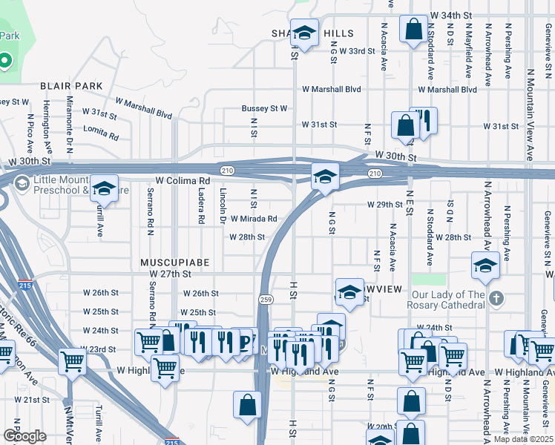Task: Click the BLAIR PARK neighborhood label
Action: click(x=71, y=86)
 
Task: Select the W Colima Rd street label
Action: click(x=183, y=180)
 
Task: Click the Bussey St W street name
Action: click(x=264, y=108)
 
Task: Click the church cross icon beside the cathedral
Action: click(x=496, y=298)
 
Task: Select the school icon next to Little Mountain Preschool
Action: click(x=105, y=188)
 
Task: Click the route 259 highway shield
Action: click(x=266, y=299)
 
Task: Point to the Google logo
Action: click(x=24, y=435)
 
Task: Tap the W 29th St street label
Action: click(x=384, y=205)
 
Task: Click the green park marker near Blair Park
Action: click(x=4, y=59)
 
